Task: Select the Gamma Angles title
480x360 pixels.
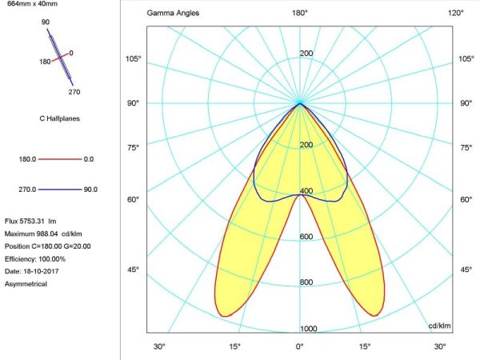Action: pos(174,14)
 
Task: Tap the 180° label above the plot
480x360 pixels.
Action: pos(300,14)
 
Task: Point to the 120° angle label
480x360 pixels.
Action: pos(455,14)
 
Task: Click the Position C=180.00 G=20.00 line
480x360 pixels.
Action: pos(48,246)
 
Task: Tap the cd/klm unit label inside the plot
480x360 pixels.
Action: pos(439,326)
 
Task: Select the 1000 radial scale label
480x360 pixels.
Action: pos(308,329)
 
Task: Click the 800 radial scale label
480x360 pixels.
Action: pos(306,282)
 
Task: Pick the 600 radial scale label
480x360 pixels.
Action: pos(306,237)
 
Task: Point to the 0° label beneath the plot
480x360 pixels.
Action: pos(300,346)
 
